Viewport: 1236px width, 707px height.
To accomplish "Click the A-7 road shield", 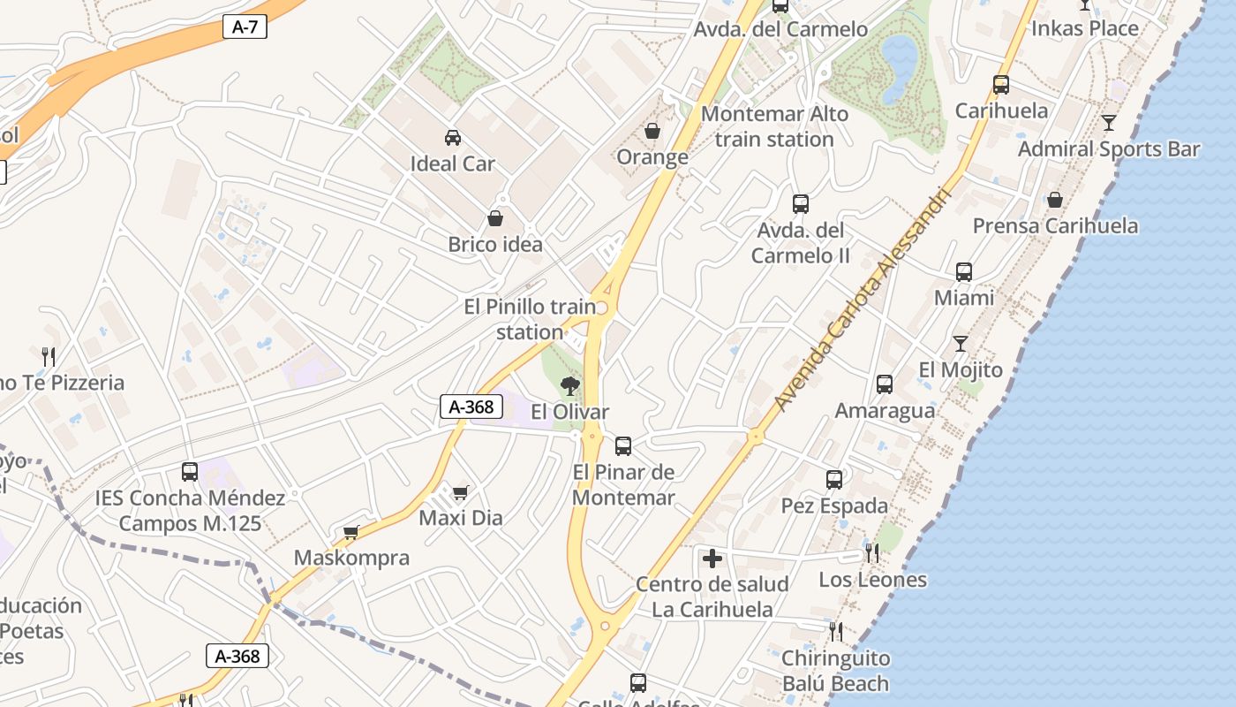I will pyautogui.click(x=245, y=27).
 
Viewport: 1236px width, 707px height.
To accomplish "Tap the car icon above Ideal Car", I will pyautogui.click(x=452, y=137).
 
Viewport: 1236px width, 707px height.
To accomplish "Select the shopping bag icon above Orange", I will pyautogui.click(x=652, y=131).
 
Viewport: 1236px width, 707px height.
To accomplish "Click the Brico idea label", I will pyautogui.click(x=495, y=245).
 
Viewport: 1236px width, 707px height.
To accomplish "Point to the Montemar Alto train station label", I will pyautogui.click(x=774, y=126).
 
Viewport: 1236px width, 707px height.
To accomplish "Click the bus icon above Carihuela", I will pyautogui.click(x=1001, y=85).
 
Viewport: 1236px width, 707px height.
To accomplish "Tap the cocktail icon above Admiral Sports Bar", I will pyautogui.click(x=1109, y=123).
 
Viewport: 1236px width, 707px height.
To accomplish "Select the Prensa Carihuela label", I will pyautogui.click(x=1055, y=225).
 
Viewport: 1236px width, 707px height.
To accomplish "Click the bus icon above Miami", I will pyautogui.click(x=964, y=272).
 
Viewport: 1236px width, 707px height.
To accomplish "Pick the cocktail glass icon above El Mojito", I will pyautogui.click(x=961, y=344).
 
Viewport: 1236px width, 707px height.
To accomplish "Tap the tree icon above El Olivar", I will pyautogui.click(x=570, y=385).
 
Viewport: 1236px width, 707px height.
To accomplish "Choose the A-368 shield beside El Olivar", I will pyautogui.click(x=471, y=407).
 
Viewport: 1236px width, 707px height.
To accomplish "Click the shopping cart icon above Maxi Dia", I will pyautogui.click(x=460, y=491).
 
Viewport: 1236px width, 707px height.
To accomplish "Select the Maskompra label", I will pyautogui.click(x=351, y=558).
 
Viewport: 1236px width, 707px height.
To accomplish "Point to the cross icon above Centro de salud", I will pyautogui.click(x=712, y=559).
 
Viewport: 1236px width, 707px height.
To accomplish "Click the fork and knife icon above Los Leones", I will pyautogui.click(x=872, y=553).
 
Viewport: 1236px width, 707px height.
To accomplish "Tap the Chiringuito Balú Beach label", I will pyautogui.click(x=835, y=671).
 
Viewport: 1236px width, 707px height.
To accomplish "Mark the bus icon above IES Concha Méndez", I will pyautogui.click(x=190, y=471).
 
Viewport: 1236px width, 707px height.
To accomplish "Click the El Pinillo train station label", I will pyautogui.click(x=530, y=319).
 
